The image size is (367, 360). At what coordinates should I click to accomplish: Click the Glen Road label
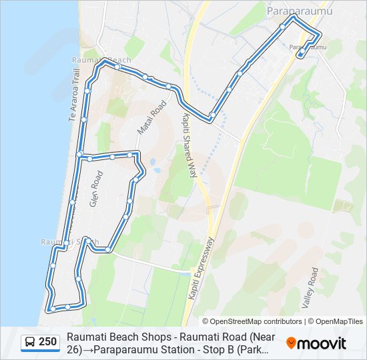97,191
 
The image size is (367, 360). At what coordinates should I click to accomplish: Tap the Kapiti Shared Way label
190,144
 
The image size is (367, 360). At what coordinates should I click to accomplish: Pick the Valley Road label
310,287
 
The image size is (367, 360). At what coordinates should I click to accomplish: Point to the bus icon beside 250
30,343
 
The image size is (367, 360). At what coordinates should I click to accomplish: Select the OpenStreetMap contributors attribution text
252,321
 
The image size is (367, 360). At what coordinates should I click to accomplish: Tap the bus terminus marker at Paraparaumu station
302,54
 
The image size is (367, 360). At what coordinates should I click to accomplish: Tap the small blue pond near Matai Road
157,169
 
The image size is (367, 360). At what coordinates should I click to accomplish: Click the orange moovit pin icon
292,343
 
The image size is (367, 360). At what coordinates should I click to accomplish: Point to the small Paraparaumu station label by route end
308,47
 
